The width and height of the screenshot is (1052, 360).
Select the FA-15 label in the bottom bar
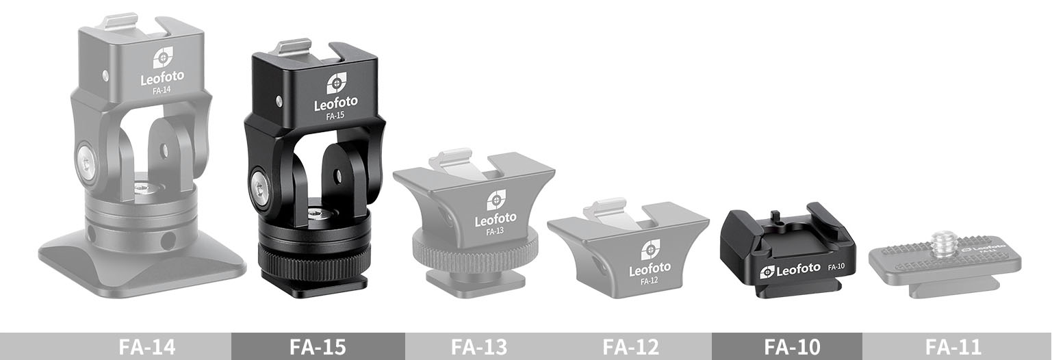click(x=318, y=346)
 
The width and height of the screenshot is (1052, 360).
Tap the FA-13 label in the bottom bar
click(x=479, y=346)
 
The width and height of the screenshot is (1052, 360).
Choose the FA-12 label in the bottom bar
click(x=630, y=346)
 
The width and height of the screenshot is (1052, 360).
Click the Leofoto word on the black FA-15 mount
click(x=335, y=105)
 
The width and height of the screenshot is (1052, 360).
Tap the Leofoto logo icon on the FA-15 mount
click(x=335, y=83)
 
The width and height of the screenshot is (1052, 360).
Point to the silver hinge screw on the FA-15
click(x=260, y=185)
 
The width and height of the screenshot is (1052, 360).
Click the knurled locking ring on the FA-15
click(x=313, y=259)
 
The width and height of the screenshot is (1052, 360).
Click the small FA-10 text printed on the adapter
click(x=836, y=266)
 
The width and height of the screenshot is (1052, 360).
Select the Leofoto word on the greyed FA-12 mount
click(x=650, y=269)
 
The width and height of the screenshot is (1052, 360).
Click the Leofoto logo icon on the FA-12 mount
click(x=650, y=249)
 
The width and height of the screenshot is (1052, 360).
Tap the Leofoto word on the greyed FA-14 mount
click(x=162, y=79)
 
